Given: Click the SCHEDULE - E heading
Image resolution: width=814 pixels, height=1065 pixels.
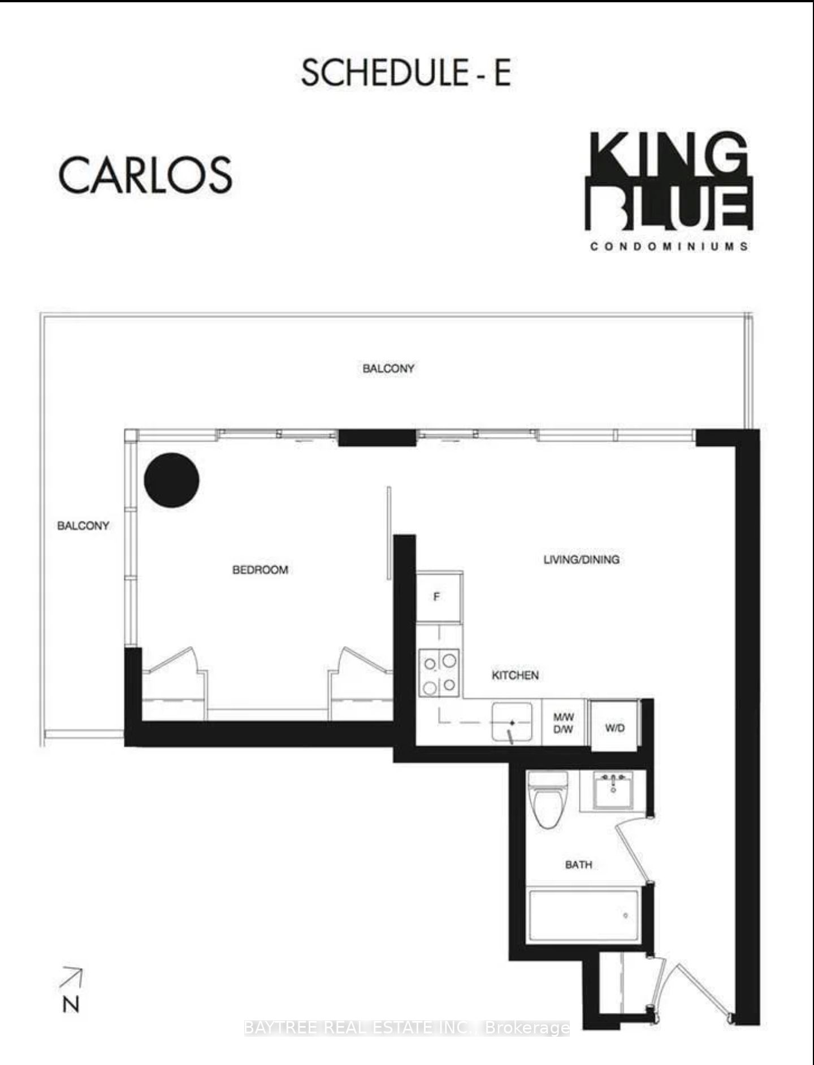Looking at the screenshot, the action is point(406,73).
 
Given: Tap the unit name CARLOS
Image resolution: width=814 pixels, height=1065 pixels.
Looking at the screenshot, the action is point(145,175).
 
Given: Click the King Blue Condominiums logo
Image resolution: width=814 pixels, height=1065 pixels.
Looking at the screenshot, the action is point(669,191).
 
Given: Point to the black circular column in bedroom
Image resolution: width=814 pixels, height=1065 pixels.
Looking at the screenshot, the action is point(172,480).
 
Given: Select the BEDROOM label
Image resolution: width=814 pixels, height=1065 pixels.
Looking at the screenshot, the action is point(261,570).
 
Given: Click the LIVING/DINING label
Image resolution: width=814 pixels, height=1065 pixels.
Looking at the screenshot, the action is point(581,560).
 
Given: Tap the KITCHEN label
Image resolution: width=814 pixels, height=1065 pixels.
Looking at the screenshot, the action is point(515,675).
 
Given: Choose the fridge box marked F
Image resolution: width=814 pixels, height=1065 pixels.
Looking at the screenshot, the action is point(440,597).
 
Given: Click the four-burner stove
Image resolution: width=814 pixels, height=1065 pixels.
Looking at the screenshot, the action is point(439,672).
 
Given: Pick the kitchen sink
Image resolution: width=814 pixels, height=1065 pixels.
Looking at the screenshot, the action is point(512,722).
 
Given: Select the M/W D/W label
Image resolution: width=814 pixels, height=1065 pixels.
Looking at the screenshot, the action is point(564,723).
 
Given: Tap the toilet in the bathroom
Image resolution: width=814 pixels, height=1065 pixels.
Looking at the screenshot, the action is point(547,799).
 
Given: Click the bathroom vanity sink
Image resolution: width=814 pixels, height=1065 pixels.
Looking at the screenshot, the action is point(614,789).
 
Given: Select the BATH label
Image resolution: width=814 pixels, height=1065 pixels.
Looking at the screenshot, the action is point(579,864).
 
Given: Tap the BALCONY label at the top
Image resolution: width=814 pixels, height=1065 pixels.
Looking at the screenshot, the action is point(388,369).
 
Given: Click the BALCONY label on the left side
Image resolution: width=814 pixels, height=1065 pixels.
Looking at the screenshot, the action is point(83,526).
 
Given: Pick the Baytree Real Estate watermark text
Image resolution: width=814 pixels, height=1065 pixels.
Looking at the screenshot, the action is point(406,1027).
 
